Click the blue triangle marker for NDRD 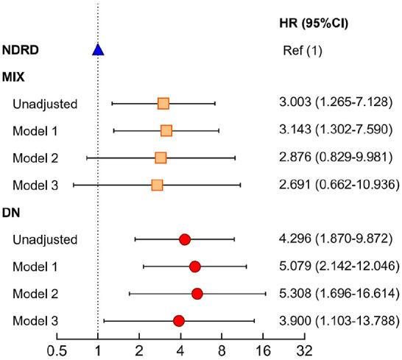98,50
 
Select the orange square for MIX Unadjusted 163,104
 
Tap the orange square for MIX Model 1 166,131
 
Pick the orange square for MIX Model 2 161,158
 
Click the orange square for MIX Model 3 157,184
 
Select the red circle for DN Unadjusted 185,239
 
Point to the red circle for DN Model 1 194,267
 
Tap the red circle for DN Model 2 197,294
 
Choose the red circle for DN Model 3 179,320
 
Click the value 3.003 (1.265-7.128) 335,104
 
